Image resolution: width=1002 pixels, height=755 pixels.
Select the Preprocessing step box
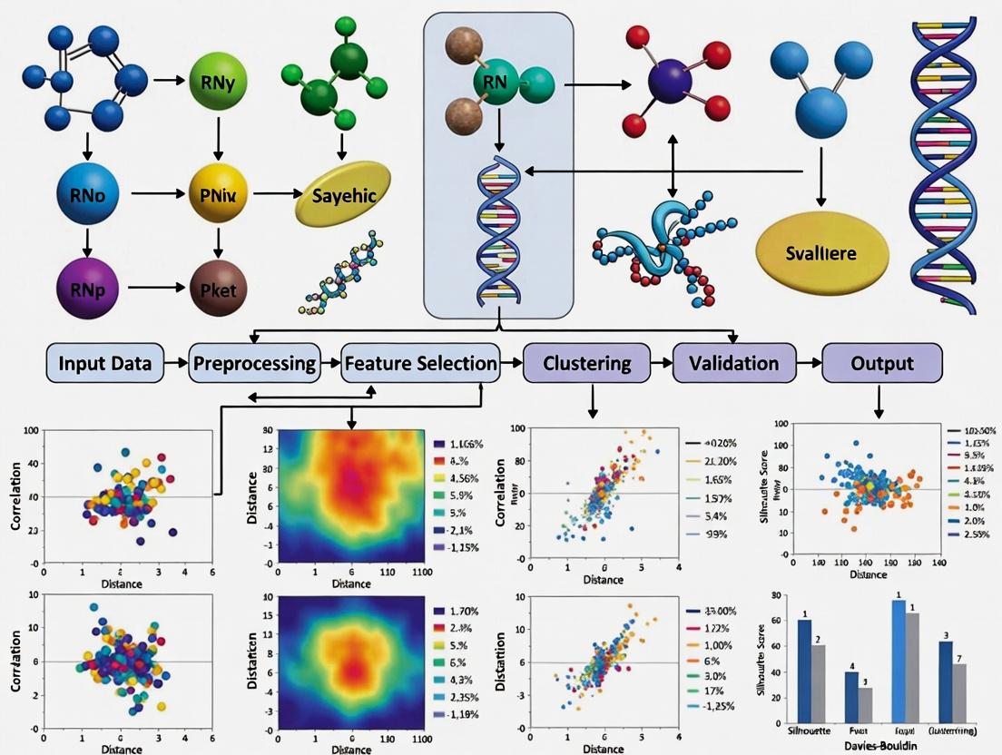point(255,364)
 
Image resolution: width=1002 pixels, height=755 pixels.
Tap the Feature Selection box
point(420,364)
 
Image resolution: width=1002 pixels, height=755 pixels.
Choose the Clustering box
point(586,364)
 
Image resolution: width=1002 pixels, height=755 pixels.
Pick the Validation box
point(732,364)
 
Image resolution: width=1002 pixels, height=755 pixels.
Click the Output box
point(881,364)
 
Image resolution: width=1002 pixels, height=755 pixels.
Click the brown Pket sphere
point(217,289)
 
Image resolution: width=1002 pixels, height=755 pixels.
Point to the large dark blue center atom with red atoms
point(673,83)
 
